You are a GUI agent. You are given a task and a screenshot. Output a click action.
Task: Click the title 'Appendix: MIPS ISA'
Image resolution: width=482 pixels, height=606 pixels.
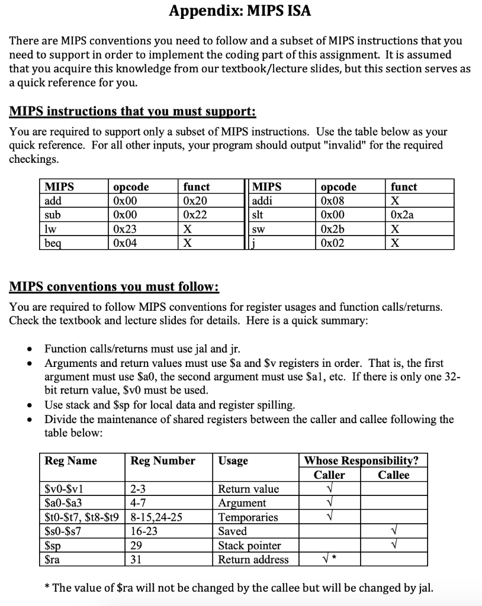coord(240,11)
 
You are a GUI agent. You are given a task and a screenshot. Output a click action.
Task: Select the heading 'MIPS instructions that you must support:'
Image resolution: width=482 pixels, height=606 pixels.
coord(133,112)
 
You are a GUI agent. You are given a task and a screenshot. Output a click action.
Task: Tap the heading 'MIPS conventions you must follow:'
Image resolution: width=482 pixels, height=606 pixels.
coord(114,288)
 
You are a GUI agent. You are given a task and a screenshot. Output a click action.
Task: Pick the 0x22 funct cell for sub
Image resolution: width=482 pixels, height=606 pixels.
coord(195,215)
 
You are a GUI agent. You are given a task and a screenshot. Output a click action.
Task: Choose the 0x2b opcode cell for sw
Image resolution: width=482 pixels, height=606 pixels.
coord(332,228)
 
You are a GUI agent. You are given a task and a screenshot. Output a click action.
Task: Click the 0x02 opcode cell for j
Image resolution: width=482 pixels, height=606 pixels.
coord(332,242)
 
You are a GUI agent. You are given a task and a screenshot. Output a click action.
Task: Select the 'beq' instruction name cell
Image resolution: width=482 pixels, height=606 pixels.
coord(54,242)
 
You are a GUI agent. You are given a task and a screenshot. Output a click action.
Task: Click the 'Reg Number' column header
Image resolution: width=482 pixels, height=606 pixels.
coord(163,460)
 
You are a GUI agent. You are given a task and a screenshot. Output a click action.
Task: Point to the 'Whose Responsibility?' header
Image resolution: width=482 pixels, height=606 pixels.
coord(361,460)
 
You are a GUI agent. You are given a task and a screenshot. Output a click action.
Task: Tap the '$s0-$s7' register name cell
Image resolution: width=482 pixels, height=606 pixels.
coord(63,531)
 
